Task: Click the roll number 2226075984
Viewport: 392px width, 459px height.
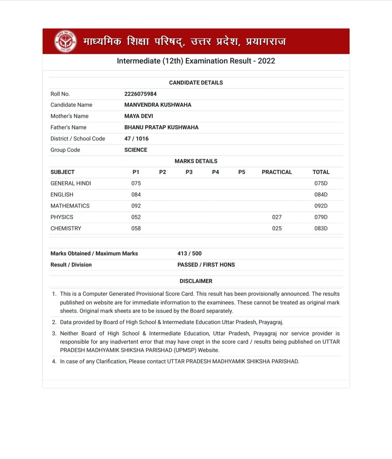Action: pyautogui.click(x=140, y=94)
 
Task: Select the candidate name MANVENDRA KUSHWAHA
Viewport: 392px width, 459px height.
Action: pyautogui.click(x=158, y=105)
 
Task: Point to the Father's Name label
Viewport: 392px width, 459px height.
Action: pyautogui.click(x=68, y=127)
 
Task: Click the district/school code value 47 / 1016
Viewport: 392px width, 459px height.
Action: pyautogui.click(x=136, y=138)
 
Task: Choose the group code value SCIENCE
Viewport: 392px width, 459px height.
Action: pyautogui.click(x=136, y=150)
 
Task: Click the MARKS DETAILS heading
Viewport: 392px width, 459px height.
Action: pyautogui.click(x=196, y=161)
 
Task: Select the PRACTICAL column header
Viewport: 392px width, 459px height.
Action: pyautogui.click(x=277, y=172)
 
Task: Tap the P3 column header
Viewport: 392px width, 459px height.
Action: pyautogui.click(x=189, y=172)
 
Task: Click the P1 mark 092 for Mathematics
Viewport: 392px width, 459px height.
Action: pyautogui.click(x=136, y=206)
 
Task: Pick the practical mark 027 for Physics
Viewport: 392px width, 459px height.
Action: pyautogui.click(x=277, y=217)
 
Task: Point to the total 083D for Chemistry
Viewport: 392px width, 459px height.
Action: pyautogui.click(x=321, y=228)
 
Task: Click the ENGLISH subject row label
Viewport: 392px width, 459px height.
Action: pyautogui.click(x=62, y=195)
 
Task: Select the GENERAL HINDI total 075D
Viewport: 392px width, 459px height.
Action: pyautogui.click(x=321, y=183)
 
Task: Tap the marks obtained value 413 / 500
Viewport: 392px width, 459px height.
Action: pyautogui.click(x=190, y=253)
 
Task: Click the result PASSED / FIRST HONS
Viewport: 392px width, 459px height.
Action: pyautogui.click(x=206, y=265)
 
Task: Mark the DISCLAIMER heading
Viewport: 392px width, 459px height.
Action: pyautogui.click(x=196, y=281)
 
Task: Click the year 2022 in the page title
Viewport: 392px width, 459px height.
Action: pyautogui.click(x=266, y=61)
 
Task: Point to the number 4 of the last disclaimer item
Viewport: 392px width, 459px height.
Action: pyautogui.click(x=54, y=361)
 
